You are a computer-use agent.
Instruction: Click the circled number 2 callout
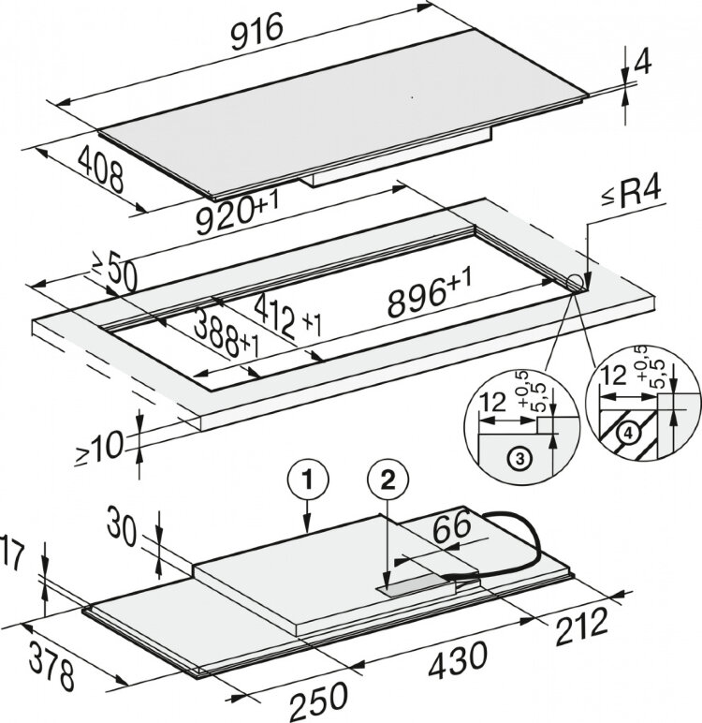[388, 480]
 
